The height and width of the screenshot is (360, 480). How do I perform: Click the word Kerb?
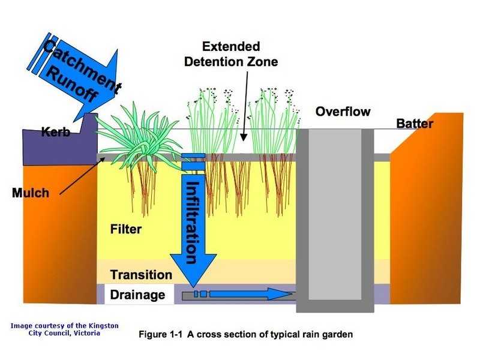(56, 132)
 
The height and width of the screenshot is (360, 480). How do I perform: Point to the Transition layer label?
(141, 275)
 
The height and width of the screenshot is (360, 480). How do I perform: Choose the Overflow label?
(343, 112)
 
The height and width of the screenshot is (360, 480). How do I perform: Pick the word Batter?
(415, 124)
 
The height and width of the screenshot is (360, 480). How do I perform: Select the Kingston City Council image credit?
(64, 329)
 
